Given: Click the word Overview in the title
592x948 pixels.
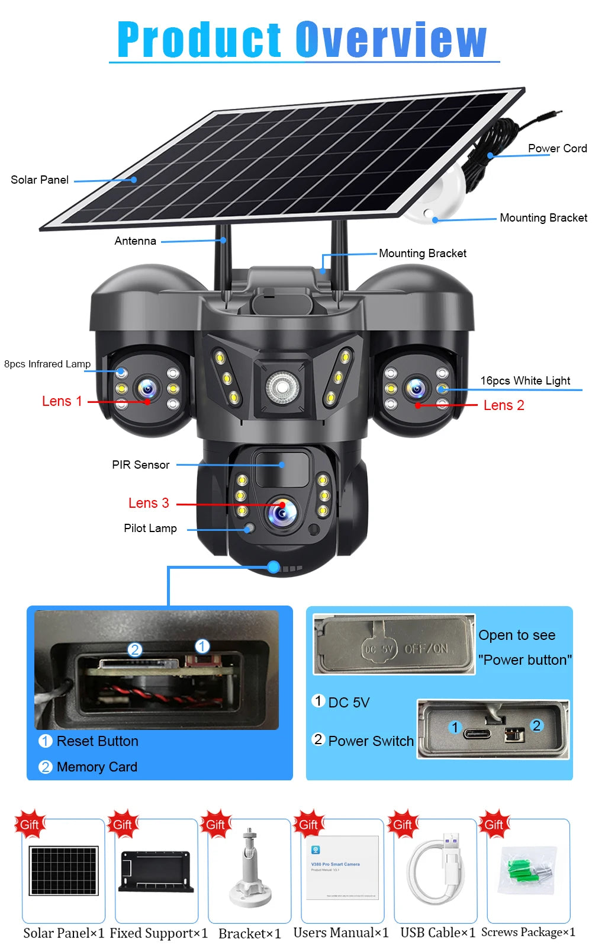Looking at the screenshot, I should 391,40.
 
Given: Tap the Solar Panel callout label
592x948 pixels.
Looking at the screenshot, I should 40,180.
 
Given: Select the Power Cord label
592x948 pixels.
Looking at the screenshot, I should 557,149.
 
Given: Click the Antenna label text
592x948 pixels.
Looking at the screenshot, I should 135,241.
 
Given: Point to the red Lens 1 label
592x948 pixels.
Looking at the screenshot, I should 62,402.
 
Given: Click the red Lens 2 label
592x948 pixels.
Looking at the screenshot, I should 504,406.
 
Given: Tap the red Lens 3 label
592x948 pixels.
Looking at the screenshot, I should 149,504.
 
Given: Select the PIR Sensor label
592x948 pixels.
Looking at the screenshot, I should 141,465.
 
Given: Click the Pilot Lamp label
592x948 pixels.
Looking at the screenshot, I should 150,529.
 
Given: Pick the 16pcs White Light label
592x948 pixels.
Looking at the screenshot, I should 525,381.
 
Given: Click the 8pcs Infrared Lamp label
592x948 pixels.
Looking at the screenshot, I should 47,364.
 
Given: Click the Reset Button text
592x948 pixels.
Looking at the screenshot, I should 97,742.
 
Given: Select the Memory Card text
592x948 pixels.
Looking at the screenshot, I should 96,767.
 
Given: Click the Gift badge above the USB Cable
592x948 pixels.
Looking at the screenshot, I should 403,825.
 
